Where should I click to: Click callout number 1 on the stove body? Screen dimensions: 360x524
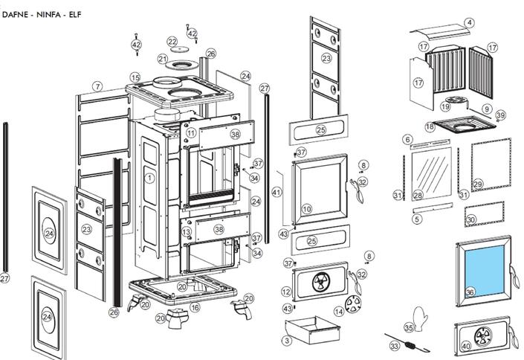149,178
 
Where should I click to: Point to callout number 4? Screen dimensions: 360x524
469,23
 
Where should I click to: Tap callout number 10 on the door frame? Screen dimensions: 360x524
306,209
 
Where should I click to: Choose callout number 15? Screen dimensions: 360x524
135,77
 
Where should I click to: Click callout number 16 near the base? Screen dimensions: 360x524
195,306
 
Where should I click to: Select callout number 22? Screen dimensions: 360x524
172,42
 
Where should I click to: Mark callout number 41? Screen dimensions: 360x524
276,193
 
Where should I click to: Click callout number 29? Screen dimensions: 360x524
477,184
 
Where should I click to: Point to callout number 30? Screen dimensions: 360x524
470,220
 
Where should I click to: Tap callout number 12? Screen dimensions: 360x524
286,292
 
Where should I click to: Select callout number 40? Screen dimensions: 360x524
466,346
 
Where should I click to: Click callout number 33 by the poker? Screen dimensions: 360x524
395,346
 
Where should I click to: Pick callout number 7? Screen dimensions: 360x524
97,87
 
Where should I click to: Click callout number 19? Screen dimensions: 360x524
444,106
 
